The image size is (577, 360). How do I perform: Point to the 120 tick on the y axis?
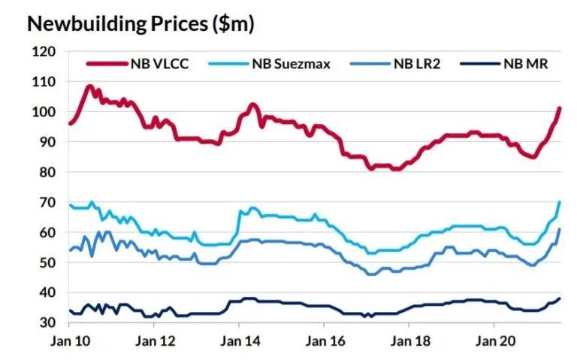[x=46, y=52]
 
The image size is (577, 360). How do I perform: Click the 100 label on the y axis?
[x=46, y=112]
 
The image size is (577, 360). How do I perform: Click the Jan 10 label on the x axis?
[x=69, y=339]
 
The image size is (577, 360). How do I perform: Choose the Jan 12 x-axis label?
[x=154, y=339]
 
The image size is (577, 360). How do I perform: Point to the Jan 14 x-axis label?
[x=239, y=339]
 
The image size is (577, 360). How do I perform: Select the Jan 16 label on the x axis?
[x=324, y=339]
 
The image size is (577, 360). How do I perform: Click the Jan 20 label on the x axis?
[x=494, y=339]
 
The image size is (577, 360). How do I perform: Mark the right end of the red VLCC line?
[x=560, y=108]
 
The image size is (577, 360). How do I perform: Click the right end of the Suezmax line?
[x=560, y=201]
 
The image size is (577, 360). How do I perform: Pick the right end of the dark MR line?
[x=560, y=298]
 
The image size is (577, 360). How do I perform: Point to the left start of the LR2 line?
[x=70, y=250]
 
